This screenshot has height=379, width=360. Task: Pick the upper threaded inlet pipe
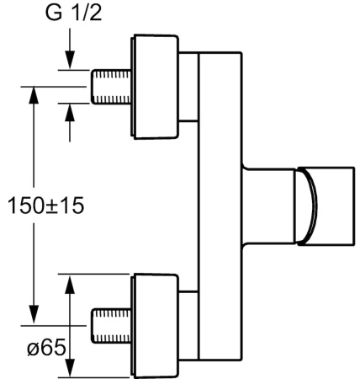[x=111, y=87]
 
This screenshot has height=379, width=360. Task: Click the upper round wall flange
[x=156, y=87]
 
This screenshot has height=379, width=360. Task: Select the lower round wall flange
[x=156, y=324]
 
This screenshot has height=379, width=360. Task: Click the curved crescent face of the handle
[x=304, y=206]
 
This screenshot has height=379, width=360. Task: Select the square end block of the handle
[x=332, y=206]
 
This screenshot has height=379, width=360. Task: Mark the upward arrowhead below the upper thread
[x=70, y=111]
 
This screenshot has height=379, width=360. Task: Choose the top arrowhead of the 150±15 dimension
[x=34, y=93]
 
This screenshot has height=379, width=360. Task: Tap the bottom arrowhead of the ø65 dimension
[x=70, y=367]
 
